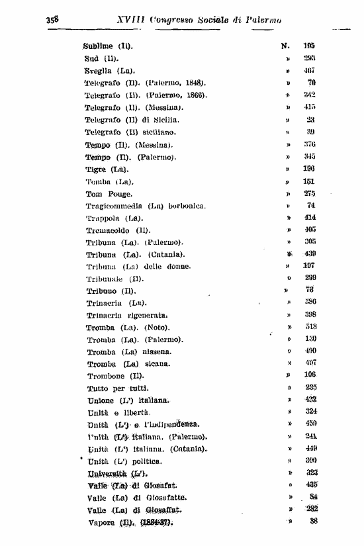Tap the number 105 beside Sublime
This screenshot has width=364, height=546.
tap(309, 46)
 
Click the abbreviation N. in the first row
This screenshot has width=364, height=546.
tap(286, 46)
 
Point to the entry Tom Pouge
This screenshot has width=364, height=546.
tap(109, 194)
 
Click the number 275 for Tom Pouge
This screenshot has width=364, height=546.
tap(310, 194)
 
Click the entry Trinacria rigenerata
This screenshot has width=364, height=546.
tap(126, 315)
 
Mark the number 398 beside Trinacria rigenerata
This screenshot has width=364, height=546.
tap(310, 315)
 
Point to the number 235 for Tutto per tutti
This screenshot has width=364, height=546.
tap(310, 388)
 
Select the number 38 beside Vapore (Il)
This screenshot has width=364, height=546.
tap(311, 522)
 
